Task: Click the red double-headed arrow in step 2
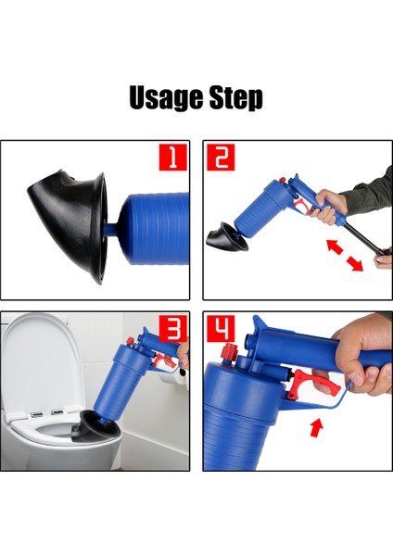click(x=343, y=254)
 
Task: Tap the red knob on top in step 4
click(x=226, y=355)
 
